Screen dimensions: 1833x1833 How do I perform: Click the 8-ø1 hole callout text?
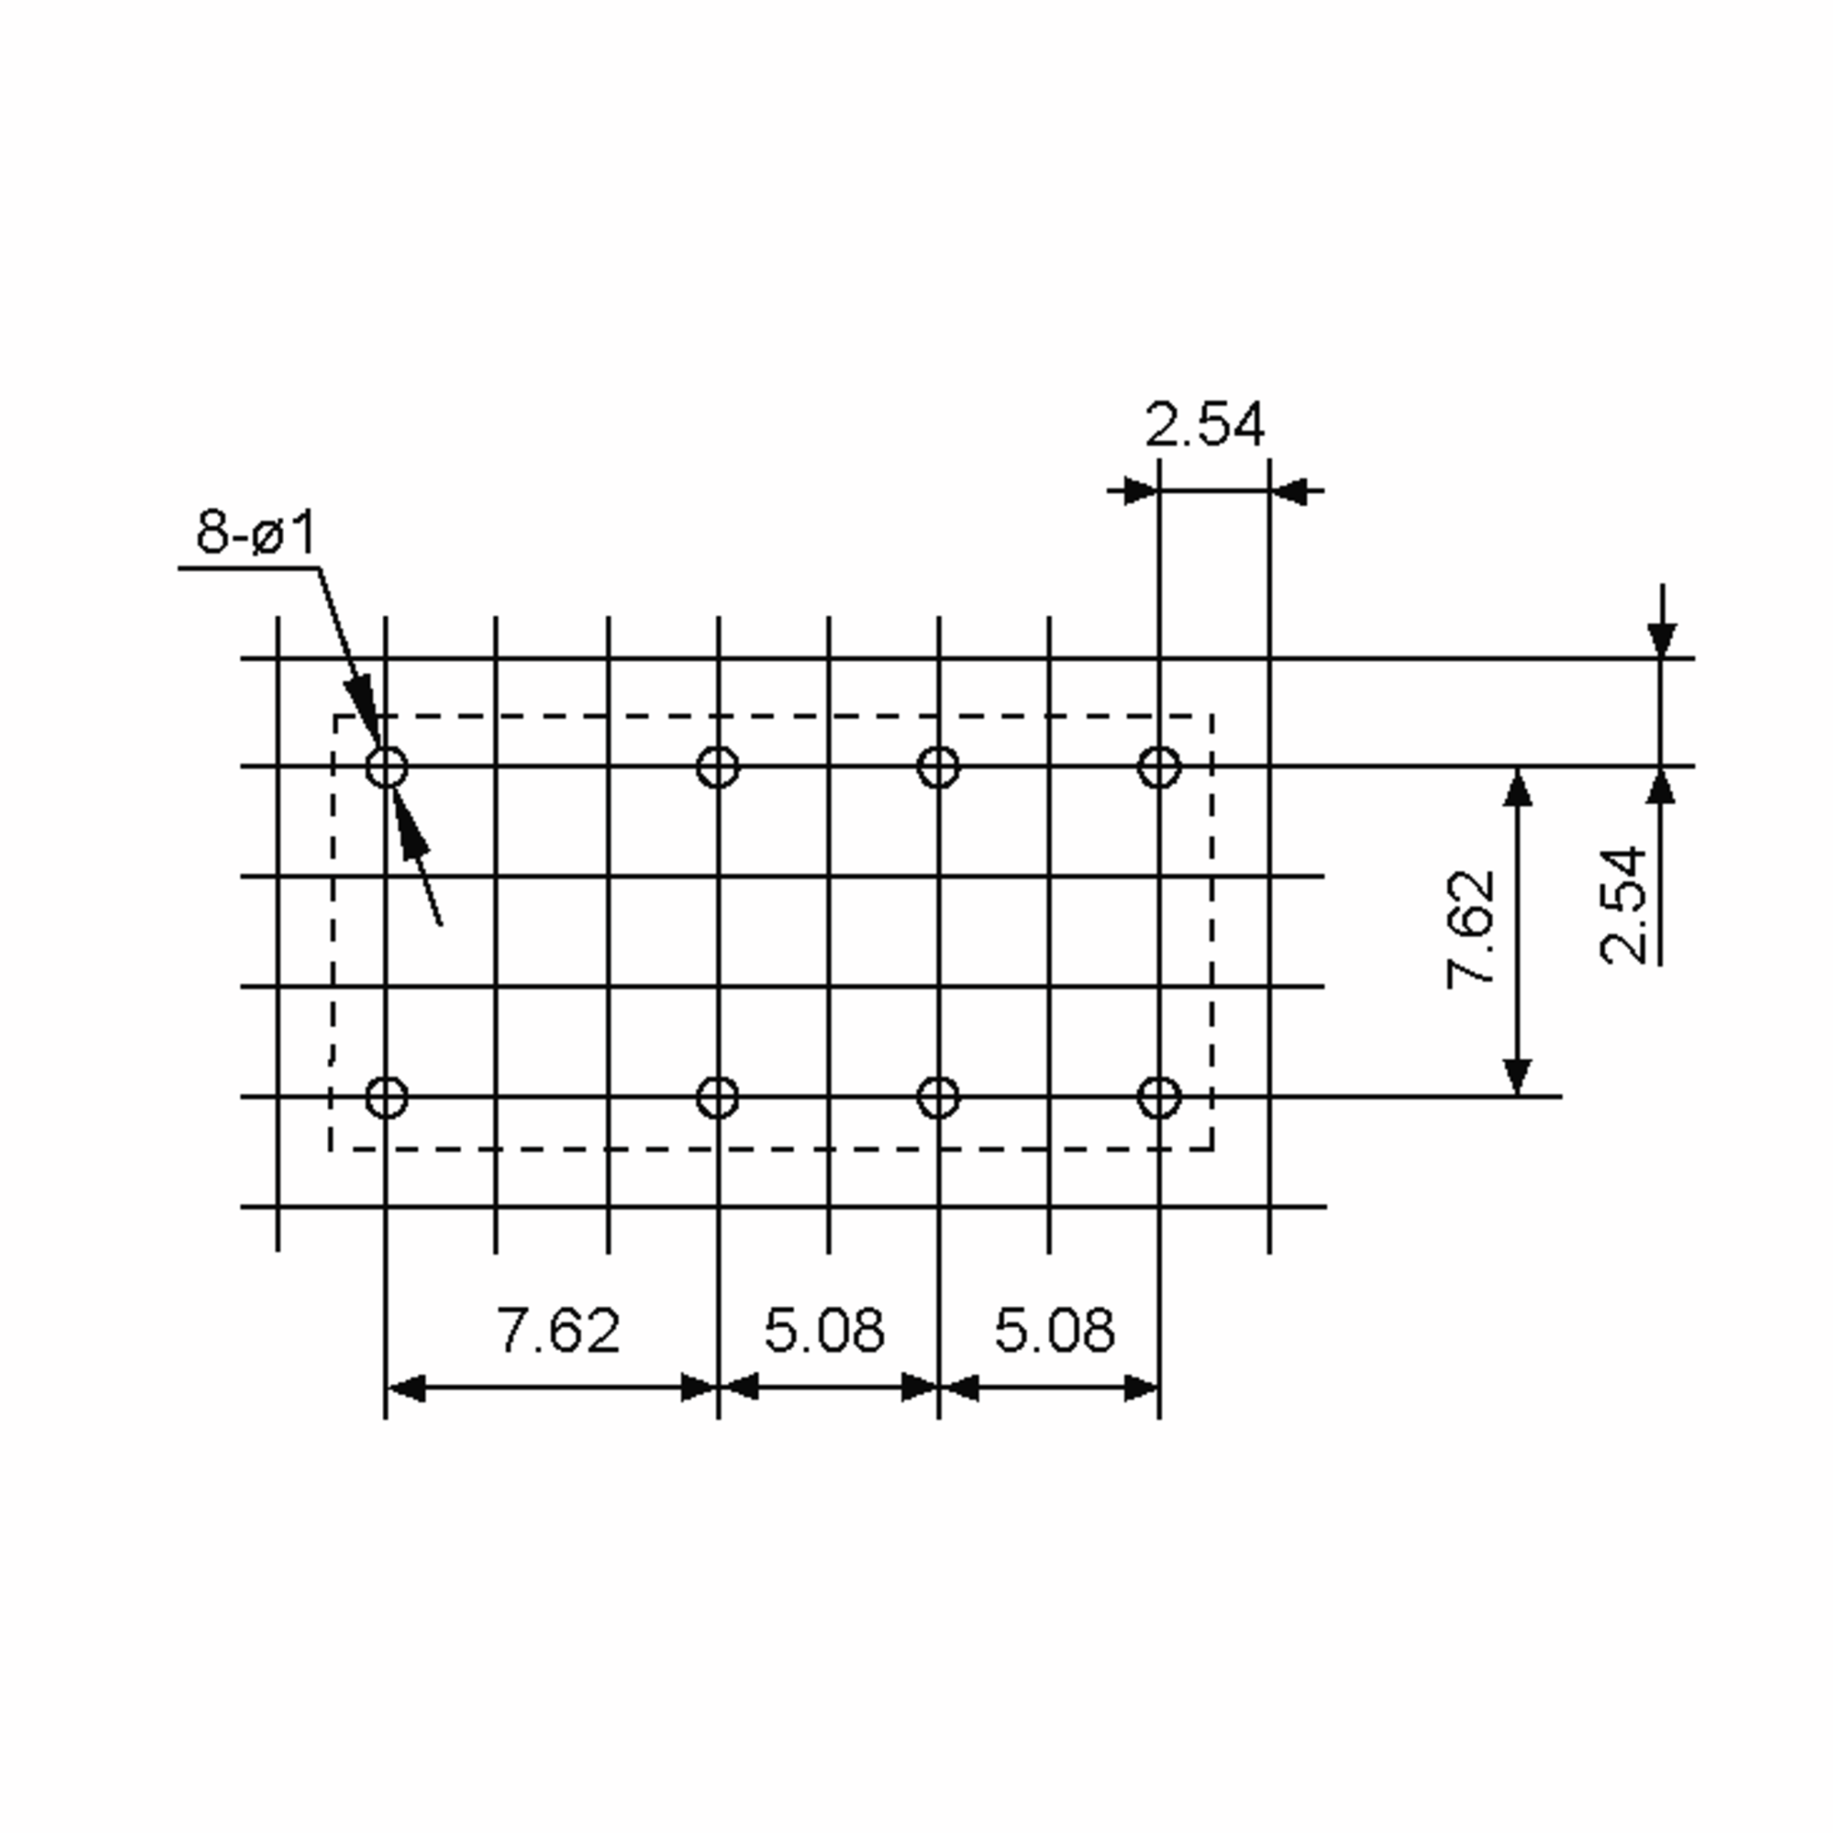pos(256,532)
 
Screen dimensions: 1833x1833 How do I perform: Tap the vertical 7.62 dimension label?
pos(1470,929)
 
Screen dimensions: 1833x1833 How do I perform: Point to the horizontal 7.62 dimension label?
pos(559,1330)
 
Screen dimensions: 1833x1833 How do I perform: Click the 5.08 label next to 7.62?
pos(825,1330)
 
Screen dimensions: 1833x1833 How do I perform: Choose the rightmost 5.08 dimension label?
pos(1055,1330)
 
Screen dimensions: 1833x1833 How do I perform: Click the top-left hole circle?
pos(387,768)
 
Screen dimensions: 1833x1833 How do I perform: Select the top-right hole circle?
pos(1159,768)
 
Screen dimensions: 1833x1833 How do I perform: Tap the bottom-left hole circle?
pos(387,1098)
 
